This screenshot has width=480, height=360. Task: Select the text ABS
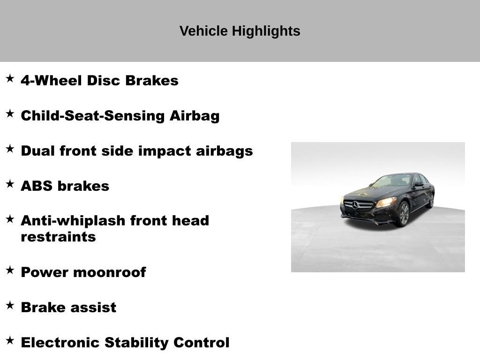click(x=37, y=186)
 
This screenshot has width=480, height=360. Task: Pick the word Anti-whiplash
click(x=73, y=220)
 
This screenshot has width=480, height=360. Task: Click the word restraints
click(x=58, y=237)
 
